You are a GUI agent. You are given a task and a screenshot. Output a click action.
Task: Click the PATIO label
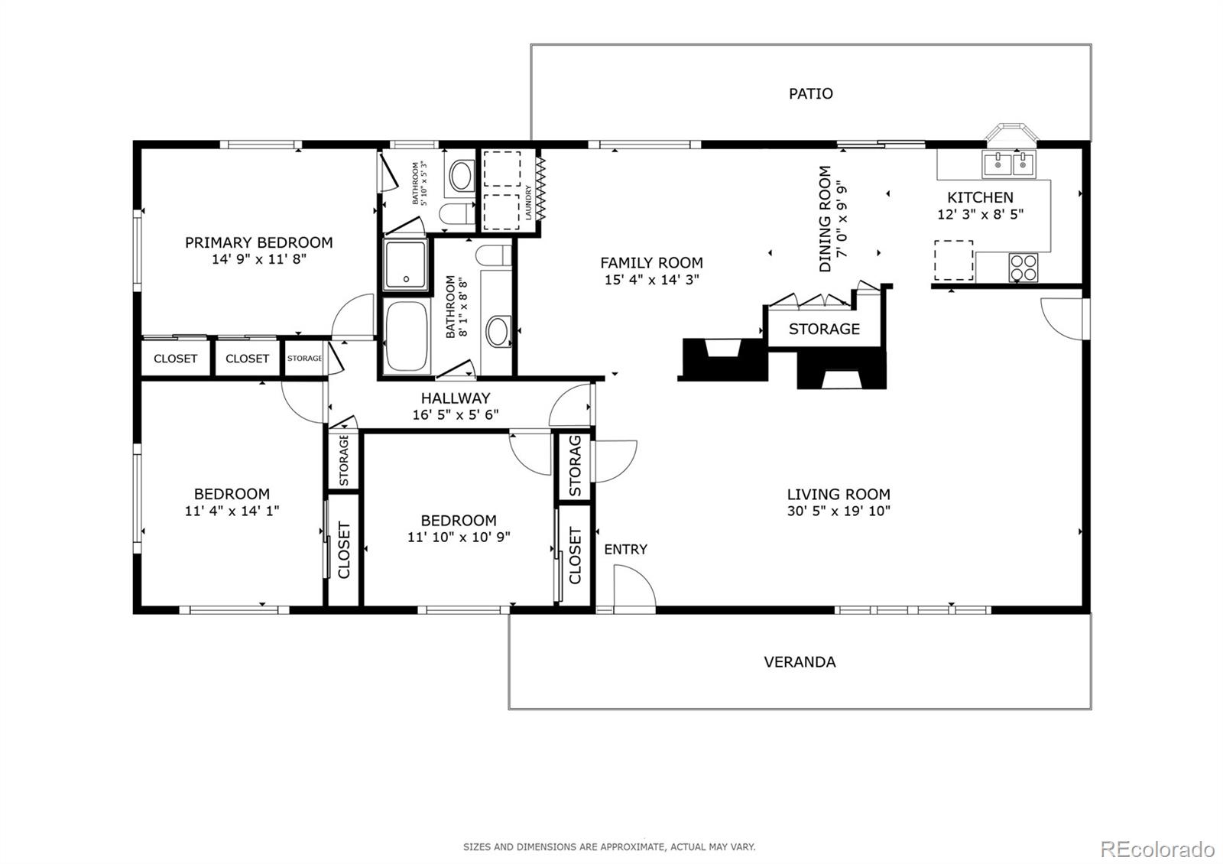[x=811, y=94]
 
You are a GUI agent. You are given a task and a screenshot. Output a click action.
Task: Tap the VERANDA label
[x=800, y=662]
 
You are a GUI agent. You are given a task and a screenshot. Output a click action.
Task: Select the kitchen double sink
[x=1008, y=164]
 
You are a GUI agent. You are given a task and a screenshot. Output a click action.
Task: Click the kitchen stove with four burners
[x=1023, y=268]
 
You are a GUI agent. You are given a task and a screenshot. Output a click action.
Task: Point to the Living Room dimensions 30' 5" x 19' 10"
[x=839, y=512]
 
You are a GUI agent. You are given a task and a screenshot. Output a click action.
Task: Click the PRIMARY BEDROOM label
[x=259, y=242]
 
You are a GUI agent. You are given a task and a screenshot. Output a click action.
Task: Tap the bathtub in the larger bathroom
[x=406, y=336]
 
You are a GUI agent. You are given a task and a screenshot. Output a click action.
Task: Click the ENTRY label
[x=626, y=550]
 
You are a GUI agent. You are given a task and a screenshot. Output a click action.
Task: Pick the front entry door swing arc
[x=644, y=577]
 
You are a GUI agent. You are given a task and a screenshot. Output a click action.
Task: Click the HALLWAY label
[x=456, y=398]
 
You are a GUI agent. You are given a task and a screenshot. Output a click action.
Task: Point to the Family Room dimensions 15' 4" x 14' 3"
[x=652, y=280]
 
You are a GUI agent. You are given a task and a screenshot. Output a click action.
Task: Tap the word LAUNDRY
[x=528, y=203]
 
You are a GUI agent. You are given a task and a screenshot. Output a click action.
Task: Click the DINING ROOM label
[x=825, y=219]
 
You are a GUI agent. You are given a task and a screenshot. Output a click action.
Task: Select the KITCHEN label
[x=980, y=197]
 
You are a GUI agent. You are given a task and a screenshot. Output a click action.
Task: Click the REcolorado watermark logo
[x=1157, y=849]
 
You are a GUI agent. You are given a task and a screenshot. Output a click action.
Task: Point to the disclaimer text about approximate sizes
[x=609, y=847]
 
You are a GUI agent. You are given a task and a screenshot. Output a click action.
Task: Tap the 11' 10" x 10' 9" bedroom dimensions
[x=459, y=538]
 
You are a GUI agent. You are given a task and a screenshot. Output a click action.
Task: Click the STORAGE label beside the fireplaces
[x=824, y=329]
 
